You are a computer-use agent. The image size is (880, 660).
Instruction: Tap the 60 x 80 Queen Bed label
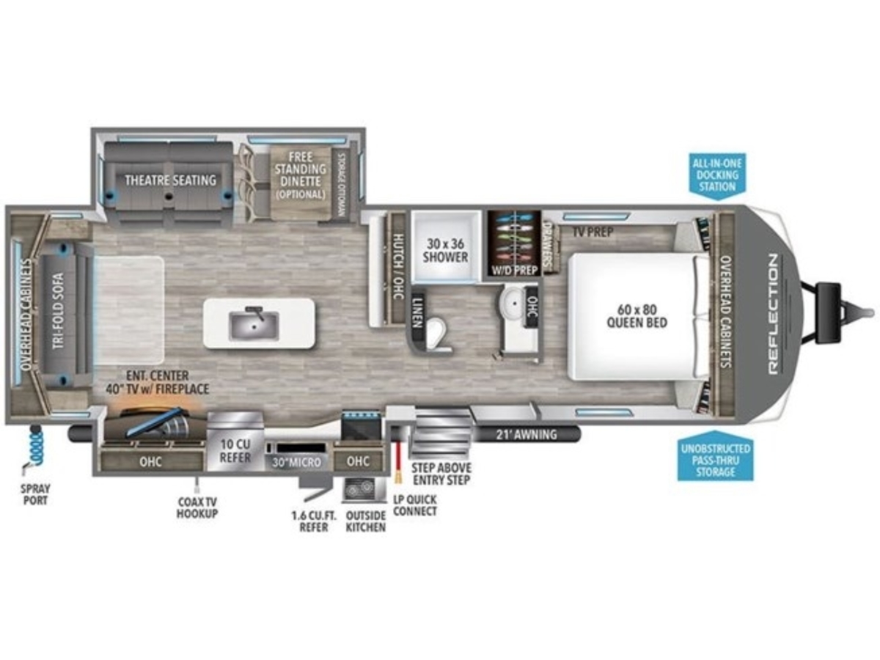point(637,316)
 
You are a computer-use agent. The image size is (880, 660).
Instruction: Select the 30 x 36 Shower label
point(445,251)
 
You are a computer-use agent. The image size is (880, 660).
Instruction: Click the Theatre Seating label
point(170,180)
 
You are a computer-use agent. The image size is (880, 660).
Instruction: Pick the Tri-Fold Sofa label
point(59,310)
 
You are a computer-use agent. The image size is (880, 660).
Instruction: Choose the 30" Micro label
point(297,463)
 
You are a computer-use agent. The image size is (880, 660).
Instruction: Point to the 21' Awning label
point(527,434)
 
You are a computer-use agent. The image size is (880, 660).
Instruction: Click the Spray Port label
point(36,494)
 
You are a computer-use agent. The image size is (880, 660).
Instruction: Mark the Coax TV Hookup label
point(197,507)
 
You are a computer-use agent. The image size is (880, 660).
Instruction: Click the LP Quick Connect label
point(415,505)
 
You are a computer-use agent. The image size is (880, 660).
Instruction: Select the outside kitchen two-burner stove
point(359,489)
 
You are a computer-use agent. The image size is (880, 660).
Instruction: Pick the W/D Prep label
point(514,270)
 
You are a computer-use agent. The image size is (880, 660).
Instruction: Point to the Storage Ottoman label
point(342,185)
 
